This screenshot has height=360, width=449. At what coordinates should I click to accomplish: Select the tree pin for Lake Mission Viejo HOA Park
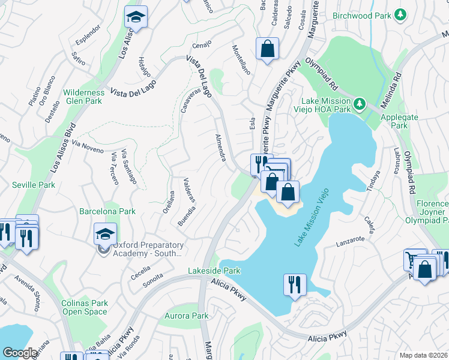(360, 104)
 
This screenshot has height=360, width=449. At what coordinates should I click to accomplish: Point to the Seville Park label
(34, 185)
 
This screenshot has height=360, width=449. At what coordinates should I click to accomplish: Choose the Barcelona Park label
(107, 211)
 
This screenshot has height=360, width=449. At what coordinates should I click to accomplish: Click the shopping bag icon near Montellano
(267, 49)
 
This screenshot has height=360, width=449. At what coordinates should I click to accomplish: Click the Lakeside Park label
(215, 271)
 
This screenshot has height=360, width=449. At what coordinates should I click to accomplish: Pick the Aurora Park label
(187, 316)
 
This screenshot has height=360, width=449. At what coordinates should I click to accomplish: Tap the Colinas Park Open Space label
(85, 307)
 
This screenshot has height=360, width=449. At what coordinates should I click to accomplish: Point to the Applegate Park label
(394, 122)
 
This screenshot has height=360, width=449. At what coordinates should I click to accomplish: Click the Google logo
(20, 353)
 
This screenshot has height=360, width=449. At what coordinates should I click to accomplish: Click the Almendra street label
(220, 148)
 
